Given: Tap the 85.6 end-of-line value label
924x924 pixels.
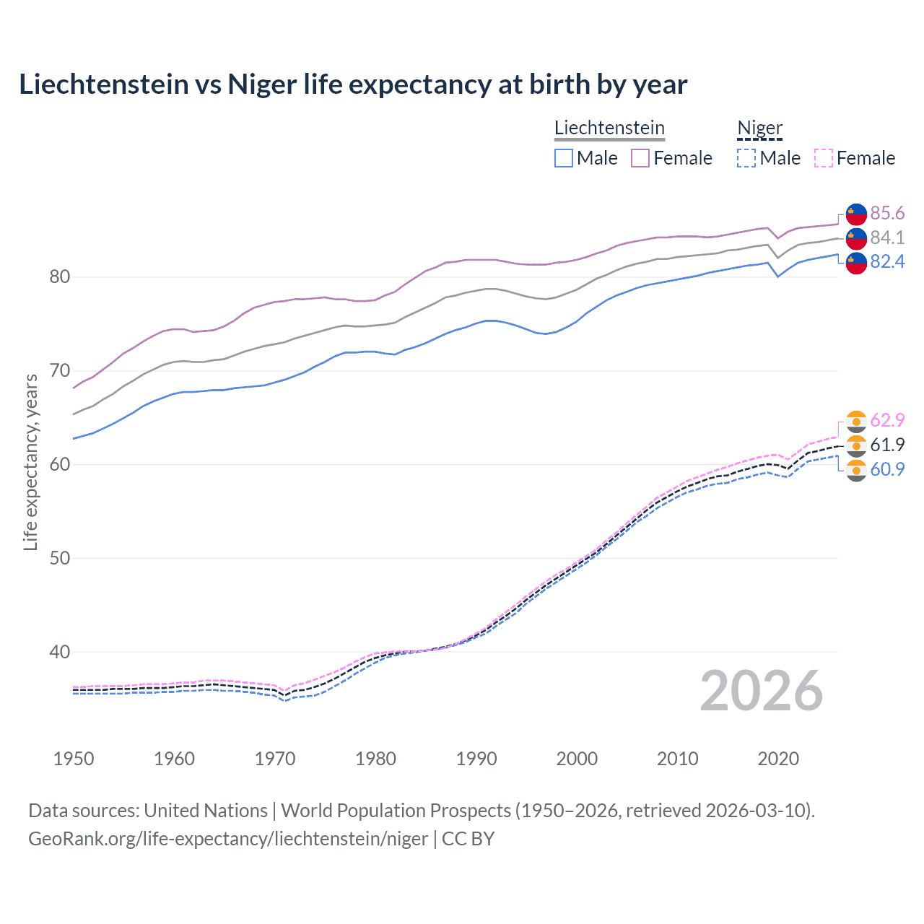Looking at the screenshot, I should tap(886, 213).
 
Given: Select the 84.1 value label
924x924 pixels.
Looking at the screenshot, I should tap(886, 237).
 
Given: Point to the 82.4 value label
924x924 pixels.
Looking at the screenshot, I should tap(886, 261).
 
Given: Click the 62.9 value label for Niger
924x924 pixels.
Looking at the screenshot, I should tap(886, 420).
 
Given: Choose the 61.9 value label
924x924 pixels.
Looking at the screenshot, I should tap(886, 445).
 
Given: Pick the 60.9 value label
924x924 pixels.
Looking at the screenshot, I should tap(886, 469).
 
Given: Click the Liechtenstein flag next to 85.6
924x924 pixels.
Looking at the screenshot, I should tap(856, 214).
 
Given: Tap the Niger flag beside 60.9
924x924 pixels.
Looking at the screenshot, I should tap(856, 470).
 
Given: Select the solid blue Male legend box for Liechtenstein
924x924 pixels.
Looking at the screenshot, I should tap(564, 158).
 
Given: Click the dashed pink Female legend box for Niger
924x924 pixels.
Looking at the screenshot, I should tap(824, 158).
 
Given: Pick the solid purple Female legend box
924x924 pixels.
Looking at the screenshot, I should tap(640, 158).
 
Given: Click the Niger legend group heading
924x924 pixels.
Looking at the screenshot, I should tap(759, 128).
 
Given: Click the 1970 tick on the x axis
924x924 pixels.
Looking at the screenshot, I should tap(275, 759).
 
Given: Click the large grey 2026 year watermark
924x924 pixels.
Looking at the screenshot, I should tap(761, 691).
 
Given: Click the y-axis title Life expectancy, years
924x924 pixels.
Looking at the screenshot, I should tap(30, 462).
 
